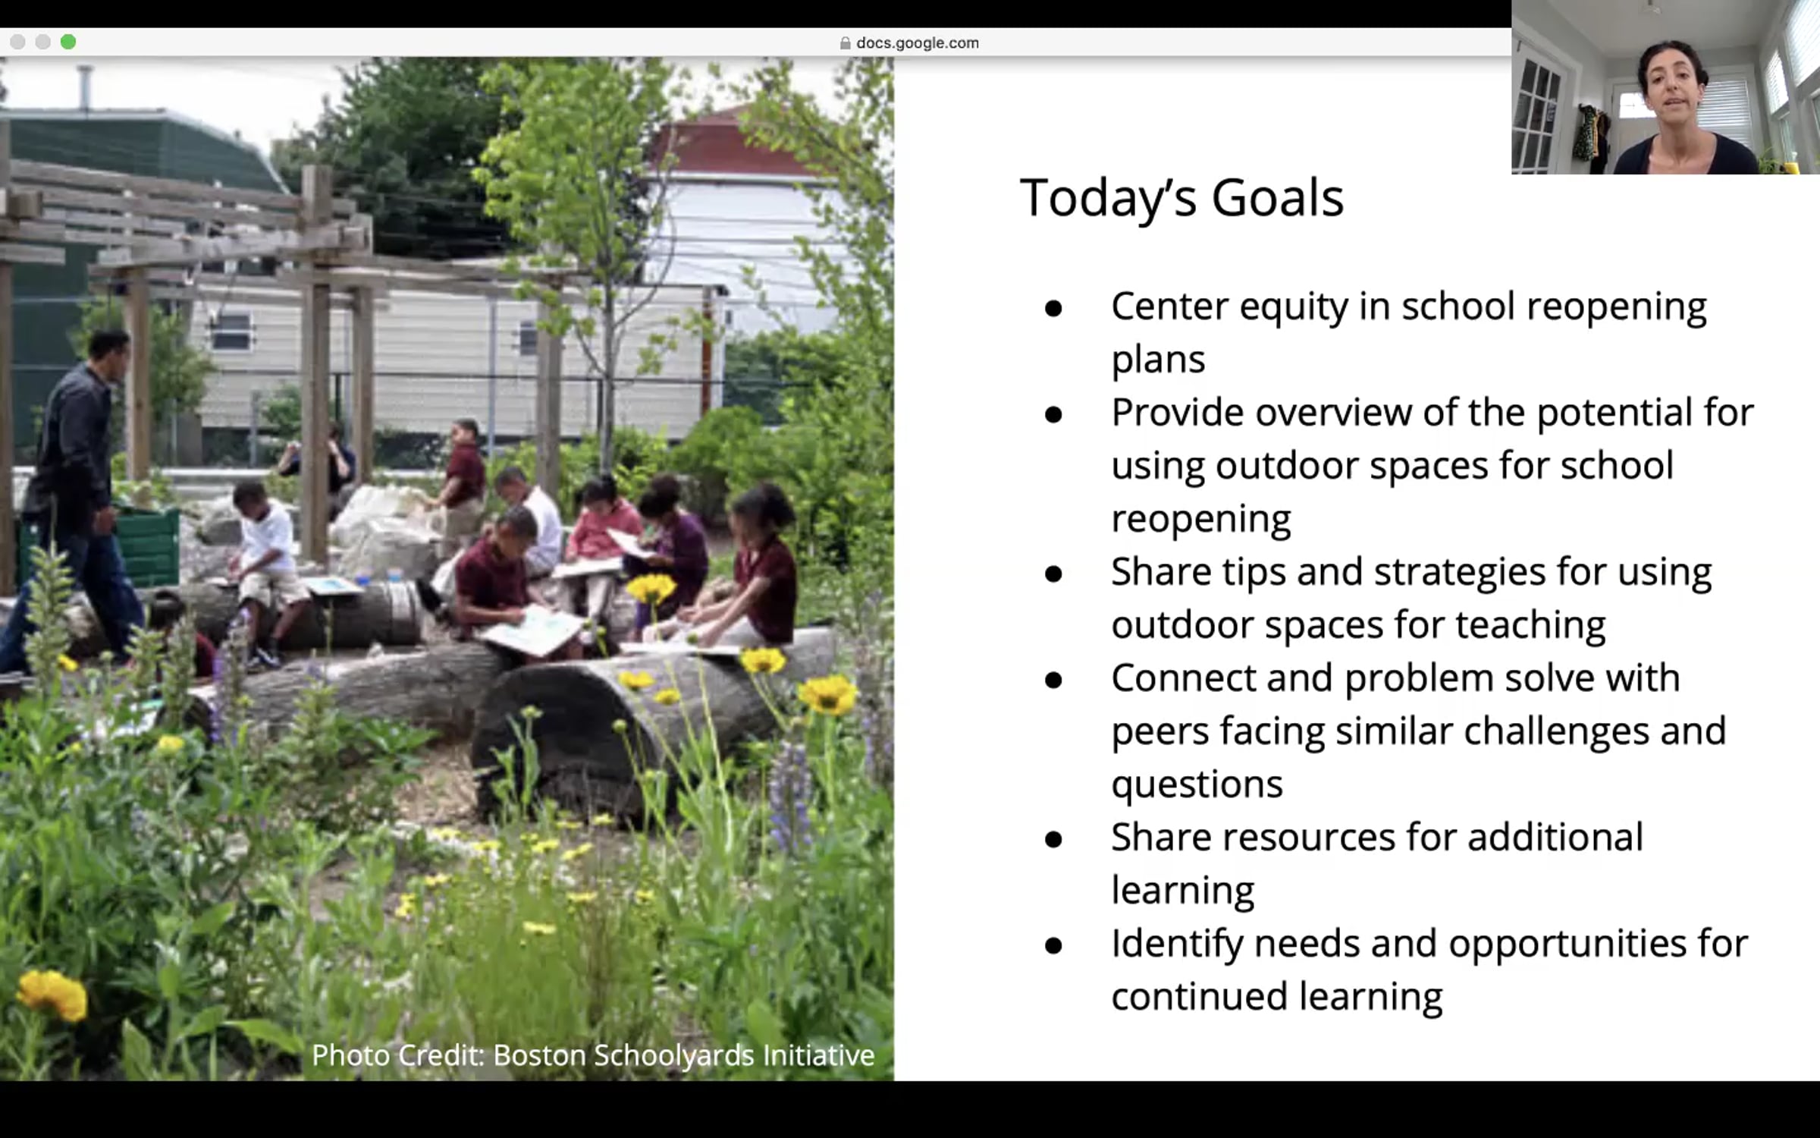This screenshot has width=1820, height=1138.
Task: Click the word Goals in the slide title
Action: coord(1277,198)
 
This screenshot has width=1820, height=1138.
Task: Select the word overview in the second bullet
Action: coord(1333,413)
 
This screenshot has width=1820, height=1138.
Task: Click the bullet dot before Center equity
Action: coord(1053,308)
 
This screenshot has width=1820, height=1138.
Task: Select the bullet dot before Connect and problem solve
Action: coord(1053,680)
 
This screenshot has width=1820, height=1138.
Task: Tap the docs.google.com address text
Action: coord(918,43)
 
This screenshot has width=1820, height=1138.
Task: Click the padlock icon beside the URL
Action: coord(845,43)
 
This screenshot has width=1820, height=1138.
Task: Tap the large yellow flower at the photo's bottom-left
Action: coord(53,994)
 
